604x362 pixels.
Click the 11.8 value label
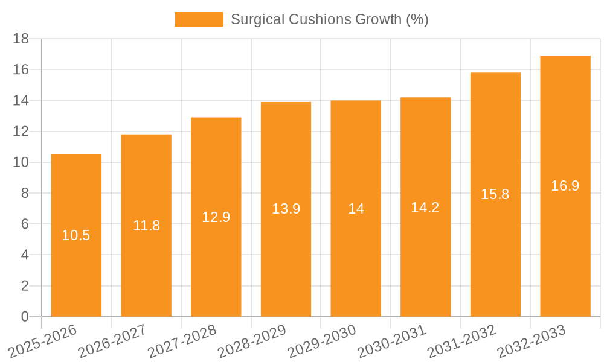click(146, 226)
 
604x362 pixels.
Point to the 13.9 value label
click(286, 209)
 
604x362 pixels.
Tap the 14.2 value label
click(425, 208)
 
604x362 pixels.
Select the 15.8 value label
click(495, 194)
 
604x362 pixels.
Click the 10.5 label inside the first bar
click(76, 235)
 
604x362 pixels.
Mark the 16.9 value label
click(565, 186)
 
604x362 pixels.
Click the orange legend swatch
click(199, 19)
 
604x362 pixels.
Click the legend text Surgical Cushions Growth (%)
click(329, 19)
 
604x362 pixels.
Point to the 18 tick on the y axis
click(21, 39)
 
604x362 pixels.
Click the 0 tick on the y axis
click(25, 317)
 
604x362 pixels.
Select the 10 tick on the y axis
click(21, 162)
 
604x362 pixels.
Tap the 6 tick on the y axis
click(25, 224)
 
